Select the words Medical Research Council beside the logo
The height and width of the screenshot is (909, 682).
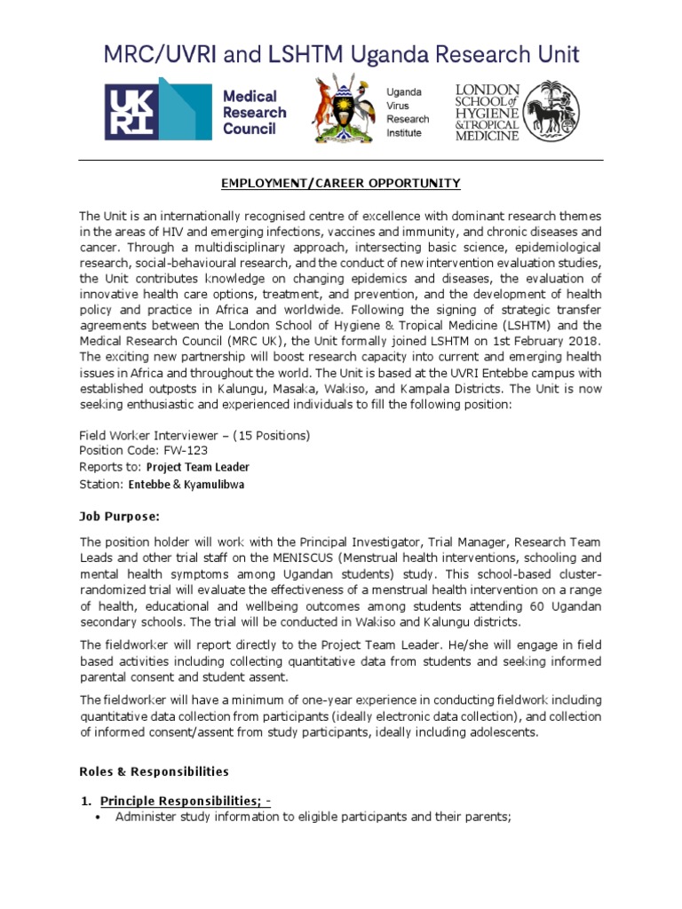click(x=253, y=112)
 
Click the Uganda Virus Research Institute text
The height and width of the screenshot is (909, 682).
click(x=407, y=112)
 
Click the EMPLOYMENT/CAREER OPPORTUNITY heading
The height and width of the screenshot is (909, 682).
click(x=341, y=183)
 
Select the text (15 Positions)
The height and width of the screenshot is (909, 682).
click(x=270, y=435)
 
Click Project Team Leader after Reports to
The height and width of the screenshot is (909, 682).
click(x=198, y=467)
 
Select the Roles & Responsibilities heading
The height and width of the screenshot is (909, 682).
click(x=154, y=771)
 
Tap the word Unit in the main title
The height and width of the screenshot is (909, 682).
click(x=551, y=55)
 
